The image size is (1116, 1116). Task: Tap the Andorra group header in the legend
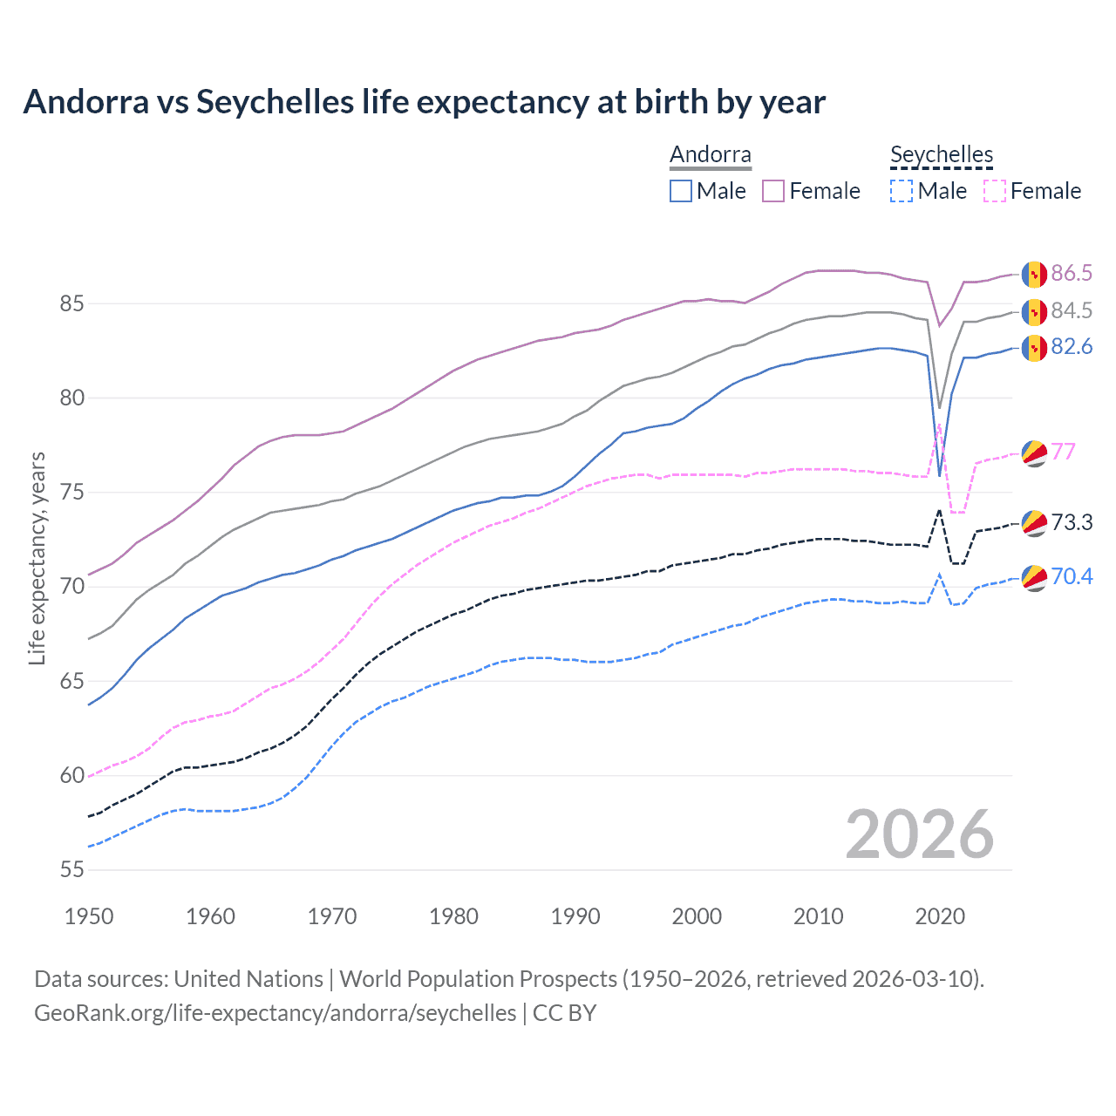click(710, 155)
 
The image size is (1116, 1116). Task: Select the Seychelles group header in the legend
click(941, 155)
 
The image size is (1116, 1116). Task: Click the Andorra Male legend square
click(681, 191)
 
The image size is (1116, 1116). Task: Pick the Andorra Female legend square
click(773, 191)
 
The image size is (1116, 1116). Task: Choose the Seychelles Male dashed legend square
click(902, 191)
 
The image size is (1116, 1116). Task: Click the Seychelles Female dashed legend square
click(994, 191)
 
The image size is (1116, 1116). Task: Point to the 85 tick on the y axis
click(71, 304)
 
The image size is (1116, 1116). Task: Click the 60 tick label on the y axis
click(71, 775)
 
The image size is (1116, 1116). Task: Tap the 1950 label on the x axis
click(89, 916)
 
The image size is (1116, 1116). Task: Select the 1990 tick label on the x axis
click(575, 916)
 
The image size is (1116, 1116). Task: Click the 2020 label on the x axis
click(940, 916)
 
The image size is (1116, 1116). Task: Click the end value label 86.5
click(1072, 274)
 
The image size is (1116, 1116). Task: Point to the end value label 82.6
click(1072, 347)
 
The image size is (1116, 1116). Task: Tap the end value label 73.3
click(1072, 522)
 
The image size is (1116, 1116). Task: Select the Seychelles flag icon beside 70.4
click(1034, 577)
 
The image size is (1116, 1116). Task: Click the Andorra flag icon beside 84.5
click(1034, 311)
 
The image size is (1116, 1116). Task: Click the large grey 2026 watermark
click(920, 834)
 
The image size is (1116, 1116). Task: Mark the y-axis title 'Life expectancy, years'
click(37, 558)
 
